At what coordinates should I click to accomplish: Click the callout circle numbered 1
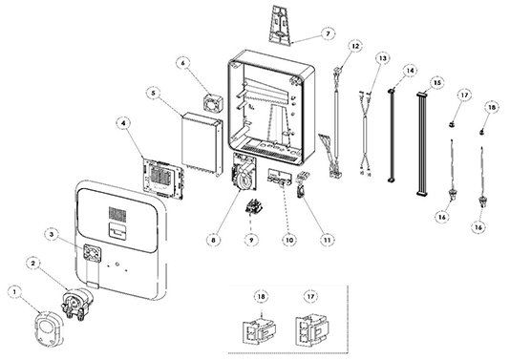tap(14, 292)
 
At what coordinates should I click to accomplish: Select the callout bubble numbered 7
tap(328, 33)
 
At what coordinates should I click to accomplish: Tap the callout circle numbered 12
tap(355, 46)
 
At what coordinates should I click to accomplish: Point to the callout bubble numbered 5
tap(153, 94)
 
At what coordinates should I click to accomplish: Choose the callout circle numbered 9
tap(251, 240)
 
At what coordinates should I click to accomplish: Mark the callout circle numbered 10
tap(289, 240)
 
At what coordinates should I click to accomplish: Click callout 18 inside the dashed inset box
tap(262, 296)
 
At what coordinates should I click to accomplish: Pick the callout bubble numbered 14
tap(410, 71)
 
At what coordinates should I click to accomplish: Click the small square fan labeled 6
tap(213, 102)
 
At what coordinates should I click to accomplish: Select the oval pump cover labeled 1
tap(48, 328)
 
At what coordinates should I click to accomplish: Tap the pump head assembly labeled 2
tap(76, 303)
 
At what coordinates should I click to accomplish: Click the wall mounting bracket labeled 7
tap(282, 24)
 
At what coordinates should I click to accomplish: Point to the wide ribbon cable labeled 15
tap(422, 144)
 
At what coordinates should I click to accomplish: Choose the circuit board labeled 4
tap(163, 179)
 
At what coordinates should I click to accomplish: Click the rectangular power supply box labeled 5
tap(202, 143)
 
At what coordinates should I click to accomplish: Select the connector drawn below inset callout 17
tap(312, 330)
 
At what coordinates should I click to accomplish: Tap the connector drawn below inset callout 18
tap(260, 331)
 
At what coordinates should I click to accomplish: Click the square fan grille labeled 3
tap(93, 253)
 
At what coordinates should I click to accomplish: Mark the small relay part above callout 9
tap(253, 206)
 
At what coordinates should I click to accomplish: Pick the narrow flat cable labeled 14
tap(392, 135)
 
